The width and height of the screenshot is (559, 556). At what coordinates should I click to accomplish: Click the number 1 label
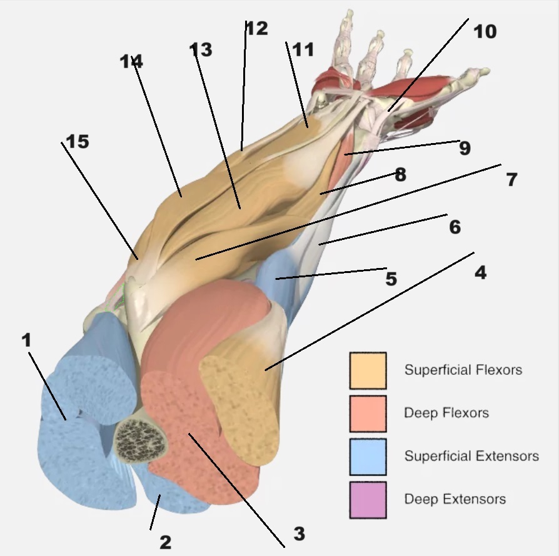coord(26,340)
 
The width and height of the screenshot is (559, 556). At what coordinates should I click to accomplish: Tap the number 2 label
coord(165,542)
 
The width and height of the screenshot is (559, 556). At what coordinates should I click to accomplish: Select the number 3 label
coord(299,534)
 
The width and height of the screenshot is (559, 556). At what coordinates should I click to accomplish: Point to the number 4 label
coord(480,272)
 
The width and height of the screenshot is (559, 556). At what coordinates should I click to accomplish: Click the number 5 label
coord(391,278)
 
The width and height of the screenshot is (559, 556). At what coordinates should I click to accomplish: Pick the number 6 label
coord(455,227)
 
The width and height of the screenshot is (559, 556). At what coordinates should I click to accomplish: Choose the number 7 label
coord(511,179)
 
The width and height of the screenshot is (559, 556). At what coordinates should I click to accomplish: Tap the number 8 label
coord(400,174)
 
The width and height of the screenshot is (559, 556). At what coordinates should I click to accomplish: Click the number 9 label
coord(464,148)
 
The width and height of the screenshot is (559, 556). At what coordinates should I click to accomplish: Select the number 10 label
coord(484,31)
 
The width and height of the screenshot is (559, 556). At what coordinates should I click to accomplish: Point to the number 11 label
coord(303,49)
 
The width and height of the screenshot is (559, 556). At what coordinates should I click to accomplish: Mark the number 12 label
coord(256,28)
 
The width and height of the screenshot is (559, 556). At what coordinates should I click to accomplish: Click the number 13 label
coord(201,49)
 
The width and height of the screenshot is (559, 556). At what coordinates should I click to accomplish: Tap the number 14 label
coord(132,61)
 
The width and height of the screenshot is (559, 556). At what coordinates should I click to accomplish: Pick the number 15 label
coord(78,142)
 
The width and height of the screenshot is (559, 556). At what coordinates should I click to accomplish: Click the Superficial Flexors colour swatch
coord(368,370)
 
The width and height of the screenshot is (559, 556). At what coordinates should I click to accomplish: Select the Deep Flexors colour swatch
coord(368,413)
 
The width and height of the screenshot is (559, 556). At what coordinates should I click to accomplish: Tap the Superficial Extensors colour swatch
coord(368,456)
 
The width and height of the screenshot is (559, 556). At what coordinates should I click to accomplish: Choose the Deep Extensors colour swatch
coord(368,499)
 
